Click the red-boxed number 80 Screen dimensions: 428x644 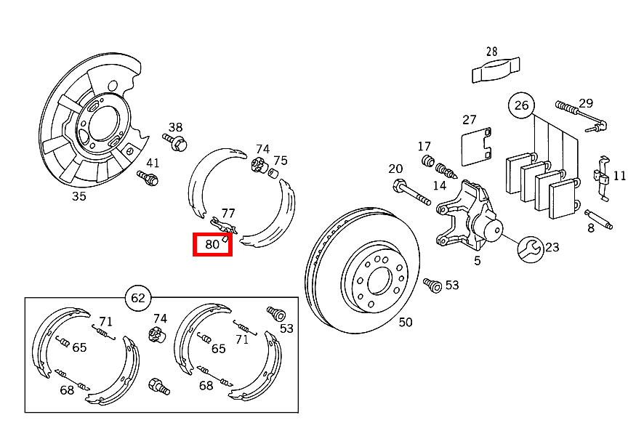coord(212,245)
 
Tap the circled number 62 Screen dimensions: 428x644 coord(137,297)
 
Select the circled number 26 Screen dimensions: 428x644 coord(521,105)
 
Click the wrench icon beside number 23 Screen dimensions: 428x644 coord(529,249)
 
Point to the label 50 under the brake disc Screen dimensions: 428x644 coord(405,322)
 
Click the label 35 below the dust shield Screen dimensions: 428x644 coord(79,195)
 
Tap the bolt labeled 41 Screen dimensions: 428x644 coord(148,177)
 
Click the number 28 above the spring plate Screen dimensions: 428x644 coord(492,52)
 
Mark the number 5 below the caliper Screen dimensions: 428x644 coord(477,261)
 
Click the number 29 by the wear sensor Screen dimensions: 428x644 coord(586,103)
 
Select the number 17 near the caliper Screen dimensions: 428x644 coord(424,147)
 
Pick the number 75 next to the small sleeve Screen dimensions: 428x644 coord(280,161)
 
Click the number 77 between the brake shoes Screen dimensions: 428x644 coord(228,213)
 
